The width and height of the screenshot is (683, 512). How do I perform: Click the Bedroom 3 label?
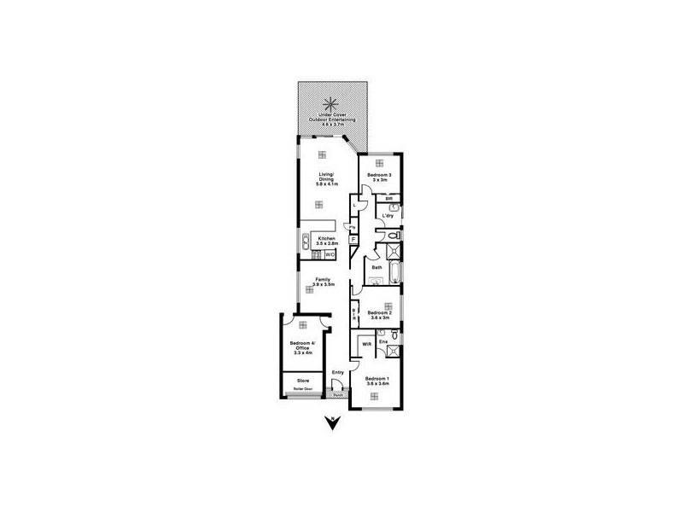pyautogui.click(x=379, y=177)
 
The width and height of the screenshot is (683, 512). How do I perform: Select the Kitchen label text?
pyautogui.click(x=324, y=240)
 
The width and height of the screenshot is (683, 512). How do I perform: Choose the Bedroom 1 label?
pyautogui.click(x=377, y=381)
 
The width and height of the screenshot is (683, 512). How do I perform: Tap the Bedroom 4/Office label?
pyautogui.click(x=303, y=347)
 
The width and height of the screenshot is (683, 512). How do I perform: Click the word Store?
pyautogui.click(x=302, y=380)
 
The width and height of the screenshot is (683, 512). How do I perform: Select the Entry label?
pyautogui.click(x=338, y=372)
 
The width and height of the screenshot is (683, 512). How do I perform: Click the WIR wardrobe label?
pyautogui.click(x=366, y=344)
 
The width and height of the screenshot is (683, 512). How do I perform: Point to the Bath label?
pyautogui.click(x=376, y=267)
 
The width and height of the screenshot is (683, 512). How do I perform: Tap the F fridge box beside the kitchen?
pyautogui.click(x=352, y=241)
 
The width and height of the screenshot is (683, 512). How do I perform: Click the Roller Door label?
pyautogui.click(x=303, y=390)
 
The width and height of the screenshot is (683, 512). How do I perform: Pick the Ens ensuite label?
pyautogui.click(x=383, y=342)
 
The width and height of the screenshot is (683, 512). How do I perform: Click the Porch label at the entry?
pyautogui.click(x=338, y=395)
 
